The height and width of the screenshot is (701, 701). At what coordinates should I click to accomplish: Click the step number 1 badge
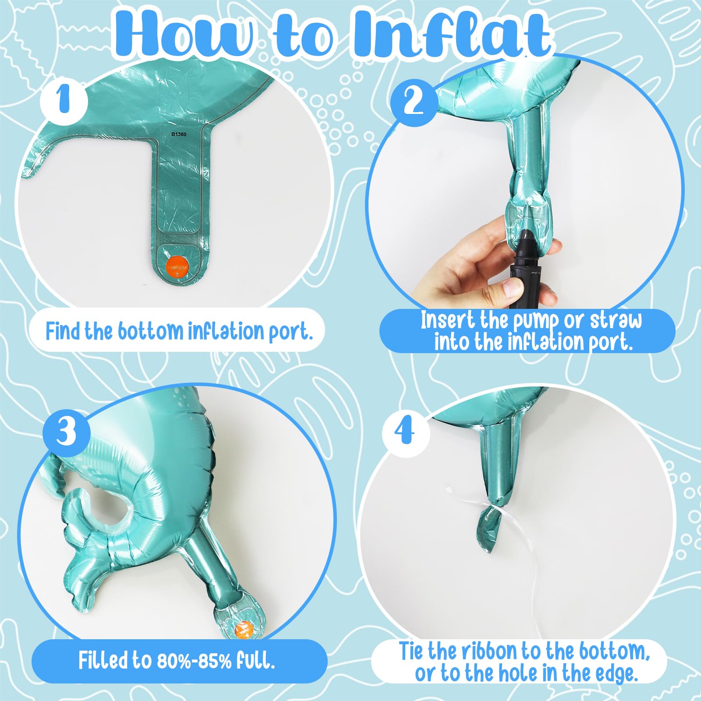64,101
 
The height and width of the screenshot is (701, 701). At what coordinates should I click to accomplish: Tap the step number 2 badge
414,103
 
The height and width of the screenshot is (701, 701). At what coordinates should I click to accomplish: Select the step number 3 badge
67,432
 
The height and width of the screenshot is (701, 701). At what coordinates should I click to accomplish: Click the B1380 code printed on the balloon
178,135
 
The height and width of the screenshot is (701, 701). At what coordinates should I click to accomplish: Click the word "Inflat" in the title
451,34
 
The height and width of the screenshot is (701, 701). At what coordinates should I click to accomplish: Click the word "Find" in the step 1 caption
63,330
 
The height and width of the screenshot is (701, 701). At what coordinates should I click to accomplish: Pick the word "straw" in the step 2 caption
616,321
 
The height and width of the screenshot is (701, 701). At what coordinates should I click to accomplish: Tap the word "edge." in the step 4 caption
616,674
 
